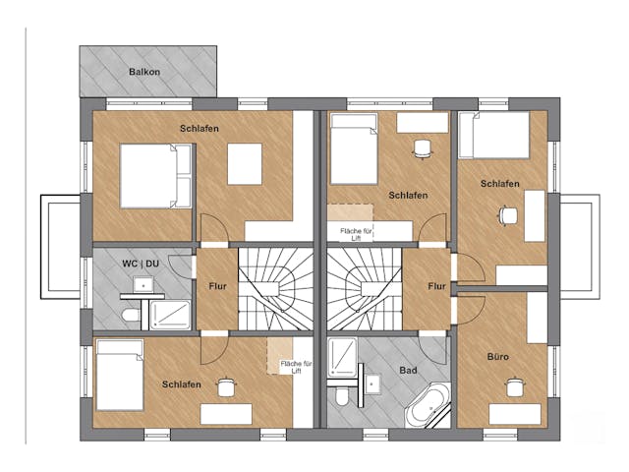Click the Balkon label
(x=144, y=72)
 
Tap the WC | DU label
(x=141, y=264)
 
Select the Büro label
(x=498, y=356)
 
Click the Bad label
(x=408, y=370)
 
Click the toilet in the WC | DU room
(x=130, y=315)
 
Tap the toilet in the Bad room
(x=342, y=396)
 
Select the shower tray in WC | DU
(x=170, y=315)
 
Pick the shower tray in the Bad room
(x=342, y=358)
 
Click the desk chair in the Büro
(x=513, y=387)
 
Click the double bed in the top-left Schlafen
(x=155, y=176)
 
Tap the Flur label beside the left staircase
(x=218, y=286)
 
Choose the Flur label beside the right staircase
(x=436, y=286)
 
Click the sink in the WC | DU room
(x=143, y=284)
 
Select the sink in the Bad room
(x=372, y=384)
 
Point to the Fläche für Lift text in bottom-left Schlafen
(x=297, y=367)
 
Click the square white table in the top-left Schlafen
(x=245, y=164)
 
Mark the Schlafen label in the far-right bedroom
(x=500, y=184)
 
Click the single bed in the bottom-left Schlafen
(x=120, y=376)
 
